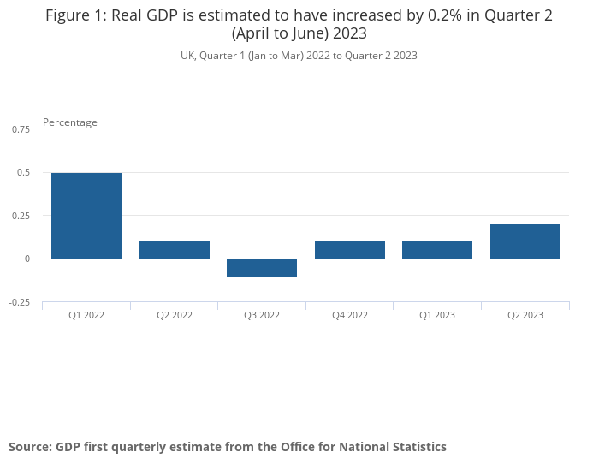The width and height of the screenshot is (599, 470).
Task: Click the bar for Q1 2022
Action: (x=86, y=216)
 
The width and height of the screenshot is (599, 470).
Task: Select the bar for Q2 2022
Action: (x=175, y=250)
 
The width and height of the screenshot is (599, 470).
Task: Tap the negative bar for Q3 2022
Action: (x=262, y=267)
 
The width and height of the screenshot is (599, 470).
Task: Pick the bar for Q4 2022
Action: (x=350, y=250)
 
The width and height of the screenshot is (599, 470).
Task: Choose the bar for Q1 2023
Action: (x=437, y=250)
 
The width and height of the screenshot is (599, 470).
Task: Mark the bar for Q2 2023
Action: (x=525, y=241)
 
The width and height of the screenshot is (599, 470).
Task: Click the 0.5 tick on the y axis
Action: (x=24, y=172)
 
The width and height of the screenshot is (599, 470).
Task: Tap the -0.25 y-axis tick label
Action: (x=20, y=302)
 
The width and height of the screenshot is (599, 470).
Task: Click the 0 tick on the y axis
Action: (x=27, y=259)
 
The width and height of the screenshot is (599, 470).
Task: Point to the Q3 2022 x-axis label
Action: (x=262, y=315)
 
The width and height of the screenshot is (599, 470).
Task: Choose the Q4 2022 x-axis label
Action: (x=350, y=315)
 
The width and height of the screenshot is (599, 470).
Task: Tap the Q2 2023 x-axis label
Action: (x=525, y=315)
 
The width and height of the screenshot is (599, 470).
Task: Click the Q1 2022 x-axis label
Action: (x=86, y=315)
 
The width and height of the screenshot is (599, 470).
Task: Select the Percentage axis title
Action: (x=70, y=122)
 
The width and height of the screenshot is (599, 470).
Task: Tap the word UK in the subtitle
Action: (x=187, y=56)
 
